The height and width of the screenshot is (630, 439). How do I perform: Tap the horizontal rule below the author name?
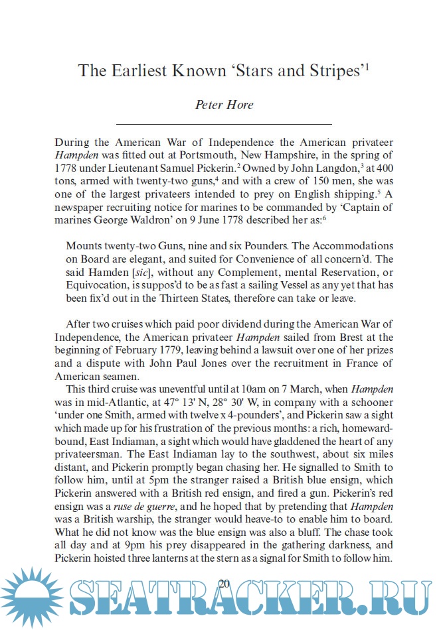click(224, 124)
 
